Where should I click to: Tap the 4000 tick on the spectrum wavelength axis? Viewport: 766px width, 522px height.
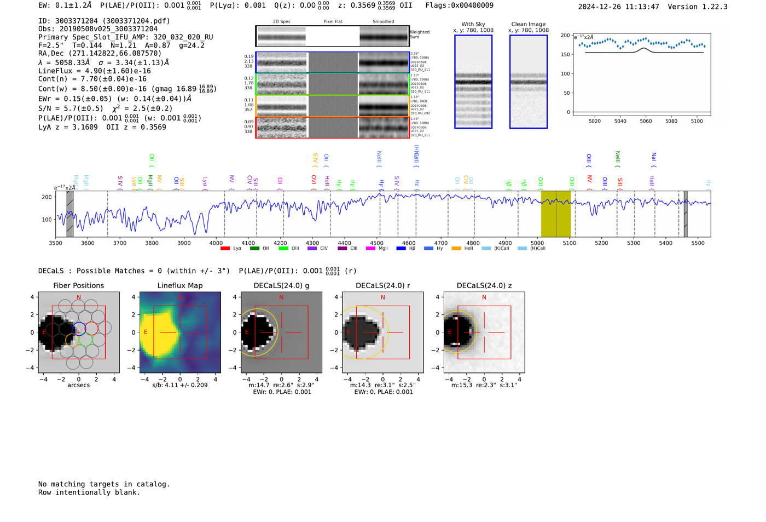pyautogui.click(x=216, y=243)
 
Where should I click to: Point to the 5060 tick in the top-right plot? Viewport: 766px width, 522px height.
pyautogui.click(x=646, y=121)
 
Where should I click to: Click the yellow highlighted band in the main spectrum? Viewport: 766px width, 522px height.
pyautogui.click(x=555, y=214)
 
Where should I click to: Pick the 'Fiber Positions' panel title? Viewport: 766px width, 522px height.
pyautogui.click(x=78, y=285)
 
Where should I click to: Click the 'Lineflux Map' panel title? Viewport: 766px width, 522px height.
pyautogui.click(x=180, y=285)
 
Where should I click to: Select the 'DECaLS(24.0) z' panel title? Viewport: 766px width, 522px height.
pyautogui.click(x=484, y=285)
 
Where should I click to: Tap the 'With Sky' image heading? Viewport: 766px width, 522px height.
pyautogui.click(x=473, y=24)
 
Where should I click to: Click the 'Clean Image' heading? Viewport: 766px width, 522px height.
pyautogui.click(x=528, y=24)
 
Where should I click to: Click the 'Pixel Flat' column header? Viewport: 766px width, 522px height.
pyautogui.click(x=333, y=22)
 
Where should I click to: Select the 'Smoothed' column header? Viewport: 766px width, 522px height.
pyautogui.click(x=383, y=22)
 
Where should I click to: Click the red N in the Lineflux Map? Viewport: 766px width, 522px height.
pyautogui.click(x=179, y=297)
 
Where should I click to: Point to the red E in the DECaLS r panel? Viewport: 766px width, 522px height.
pyautogui.click(x=348, y=332)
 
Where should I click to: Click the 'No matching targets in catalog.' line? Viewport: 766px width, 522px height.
pyautogui.click(x=104, y=484)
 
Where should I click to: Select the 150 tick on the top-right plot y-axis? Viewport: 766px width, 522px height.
pyautogui.click(x=565, y=54)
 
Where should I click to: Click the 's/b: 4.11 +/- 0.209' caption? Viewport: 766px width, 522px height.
pyautogui.click(x=180, y=385)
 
